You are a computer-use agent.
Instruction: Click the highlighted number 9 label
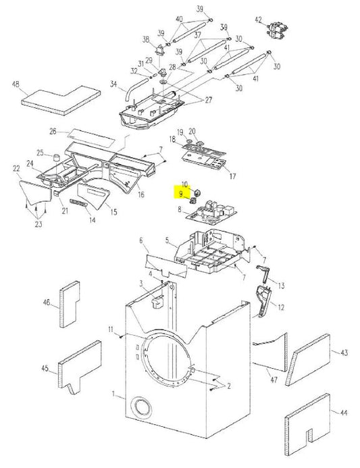coord(180,194)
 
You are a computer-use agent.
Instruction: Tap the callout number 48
coord(15,84)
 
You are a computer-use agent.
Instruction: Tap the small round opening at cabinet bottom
coord(142,408)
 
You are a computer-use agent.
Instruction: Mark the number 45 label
coord(45,368)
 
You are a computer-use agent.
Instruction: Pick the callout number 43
coord(343,353)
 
